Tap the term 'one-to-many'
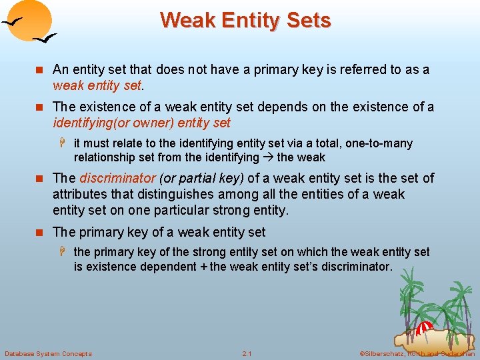379,143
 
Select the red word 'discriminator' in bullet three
117,178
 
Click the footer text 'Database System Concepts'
48,353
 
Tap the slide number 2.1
247,353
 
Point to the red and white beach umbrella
425,329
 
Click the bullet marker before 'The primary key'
43,233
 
